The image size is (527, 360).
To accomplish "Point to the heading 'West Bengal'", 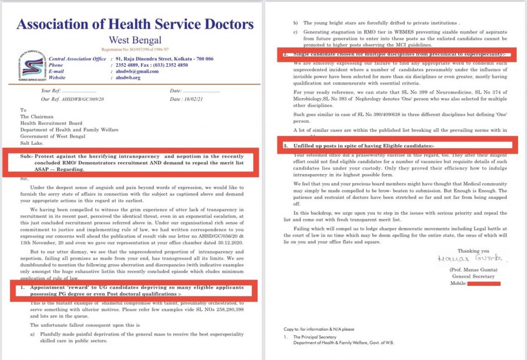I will tap(135, 40).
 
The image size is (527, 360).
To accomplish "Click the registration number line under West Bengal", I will tap(135, 49).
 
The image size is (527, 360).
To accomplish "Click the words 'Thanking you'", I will tap(463, 251).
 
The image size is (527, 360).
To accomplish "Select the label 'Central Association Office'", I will tap(78, 59).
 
